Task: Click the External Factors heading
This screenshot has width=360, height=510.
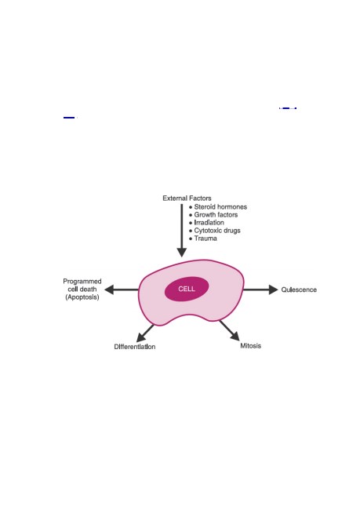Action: pos(187,198)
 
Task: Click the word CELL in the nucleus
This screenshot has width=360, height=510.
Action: pos(187,289)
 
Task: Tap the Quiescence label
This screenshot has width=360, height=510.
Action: pos(299,290)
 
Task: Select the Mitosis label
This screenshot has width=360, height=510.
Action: pos(250,346)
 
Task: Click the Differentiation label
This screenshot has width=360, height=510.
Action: pos(135,347)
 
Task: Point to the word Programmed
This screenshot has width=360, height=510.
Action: pos(82,282)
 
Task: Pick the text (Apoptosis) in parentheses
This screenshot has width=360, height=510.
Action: pos(82,297)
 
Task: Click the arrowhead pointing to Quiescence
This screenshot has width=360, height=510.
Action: pos(274,290)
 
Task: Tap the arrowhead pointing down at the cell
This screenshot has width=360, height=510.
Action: pos(182,253)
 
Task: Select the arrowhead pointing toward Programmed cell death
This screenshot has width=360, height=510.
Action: pos(109,290)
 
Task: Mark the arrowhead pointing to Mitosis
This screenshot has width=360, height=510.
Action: pos(235,337)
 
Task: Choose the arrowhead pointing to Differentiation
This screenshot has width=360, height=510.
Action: pos(140,337)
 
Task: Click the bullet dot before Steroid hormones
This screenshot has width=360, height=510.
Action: pos(191,207)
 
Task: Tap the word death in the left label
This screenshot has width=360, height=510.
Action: pos(88,290)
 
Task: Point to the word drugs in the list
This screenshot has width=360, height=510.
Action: pos(231,231)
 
